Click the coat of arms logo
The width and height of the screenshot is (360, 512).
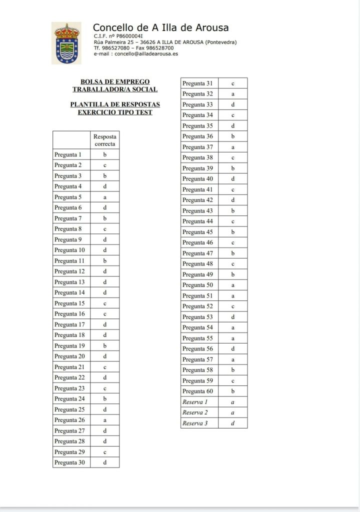(66, 43)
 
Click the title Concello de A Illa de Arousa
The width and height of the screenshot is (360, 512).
(160, 28)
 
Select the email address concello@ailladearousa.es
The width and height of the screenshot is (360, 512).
(146, 53)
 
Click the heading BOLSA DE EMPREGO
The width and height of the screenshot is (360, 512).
(115, 81)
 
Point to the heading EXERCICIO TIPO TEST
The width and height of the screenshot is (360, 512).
(115, 112)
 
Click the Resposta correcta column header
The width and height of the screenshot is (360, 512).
(105, 140)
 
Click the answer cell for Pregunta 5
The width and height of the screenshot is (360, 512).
(105, 197)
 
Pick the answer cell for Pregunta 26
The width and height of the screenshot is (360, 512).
(105, 420)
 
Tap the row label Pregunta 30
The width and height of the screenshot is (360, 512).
(69, 463)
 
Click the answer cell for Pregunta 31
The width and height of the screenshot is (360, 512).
(233, 83)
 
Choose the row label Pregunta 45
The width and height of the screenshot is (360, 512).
(197, 232)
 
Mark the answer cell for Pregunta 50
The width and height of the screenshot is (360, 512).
(233, 285)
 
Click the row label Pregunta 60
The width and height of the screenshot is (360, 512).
(197, 391)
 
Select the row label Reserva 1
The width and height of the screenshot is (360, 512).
(195, 402)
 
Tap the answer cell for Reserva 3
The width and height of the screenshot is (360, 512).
(233, 423)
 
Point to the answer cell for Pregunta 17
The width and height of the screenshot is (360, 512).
(105, 325)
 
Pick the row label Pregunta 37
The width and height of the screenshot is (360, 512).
(197, 147)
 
